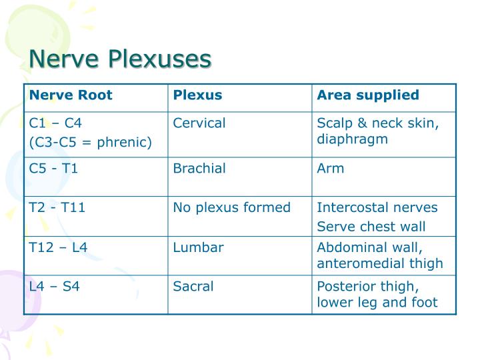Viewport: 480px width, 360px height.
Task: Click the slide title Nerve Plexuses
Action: (x=119, y=59)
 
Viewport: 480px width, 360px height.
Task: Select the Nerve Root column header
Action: (x=71, y=95)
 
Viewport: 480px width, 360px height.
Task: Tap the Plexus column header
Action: (x=197, y=95)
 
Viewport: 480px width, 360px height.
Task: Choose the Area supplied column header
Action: (x=368, y=95)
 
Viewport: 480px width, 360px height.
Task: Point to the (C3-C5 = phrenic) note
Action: (x=91, y=141)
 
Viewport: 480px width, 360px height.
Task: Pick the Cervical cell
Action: (x=199, y=123)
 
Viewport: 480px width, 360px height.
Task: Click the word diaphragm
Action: (x=353, y=139)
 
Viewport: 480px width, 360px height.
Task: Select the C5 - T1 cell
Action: (x=54, y=168)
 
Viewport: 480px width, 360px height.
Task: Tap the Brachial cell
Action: (x=199, y=168)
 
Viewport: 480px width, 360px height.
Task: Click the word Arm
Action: (x=331, y=168)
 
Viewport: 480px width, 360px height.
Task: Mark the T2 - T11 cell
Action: (x=57, y=207)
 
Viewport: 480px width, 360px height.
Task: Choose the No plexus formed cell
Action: (x=231, y=207)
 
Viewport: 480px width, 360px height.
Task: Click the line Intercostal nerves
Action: (x=377, y=207)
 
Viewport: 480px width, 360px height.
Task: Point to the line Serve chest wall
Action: (x=371, y=227)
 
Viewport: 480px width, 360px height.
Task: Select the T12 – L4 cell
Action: (x=59, y=247)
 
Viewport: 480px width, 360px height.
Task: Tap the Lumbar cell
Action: (x=198, y=247)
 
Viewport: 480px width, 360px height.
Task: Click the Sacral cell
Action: (x=193, y=287)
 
